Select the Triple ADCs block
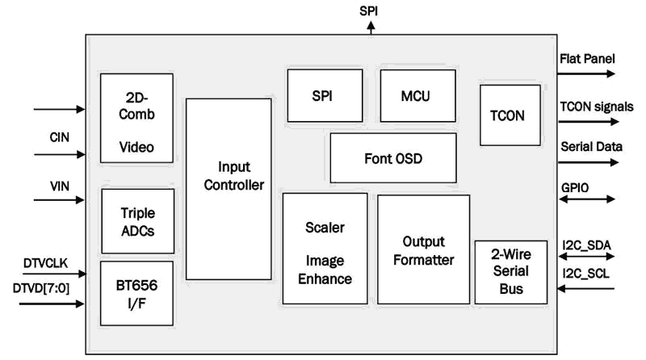(136, 221)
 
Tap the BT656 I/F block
(136, 292)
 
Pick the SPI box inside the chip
(322, 95)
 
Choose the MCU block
(417, 95)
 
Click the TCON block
(507, 115)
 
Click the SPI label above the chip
(371, 11)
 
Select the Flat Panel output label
(587, 59)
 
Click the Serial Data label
(591, 147)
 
